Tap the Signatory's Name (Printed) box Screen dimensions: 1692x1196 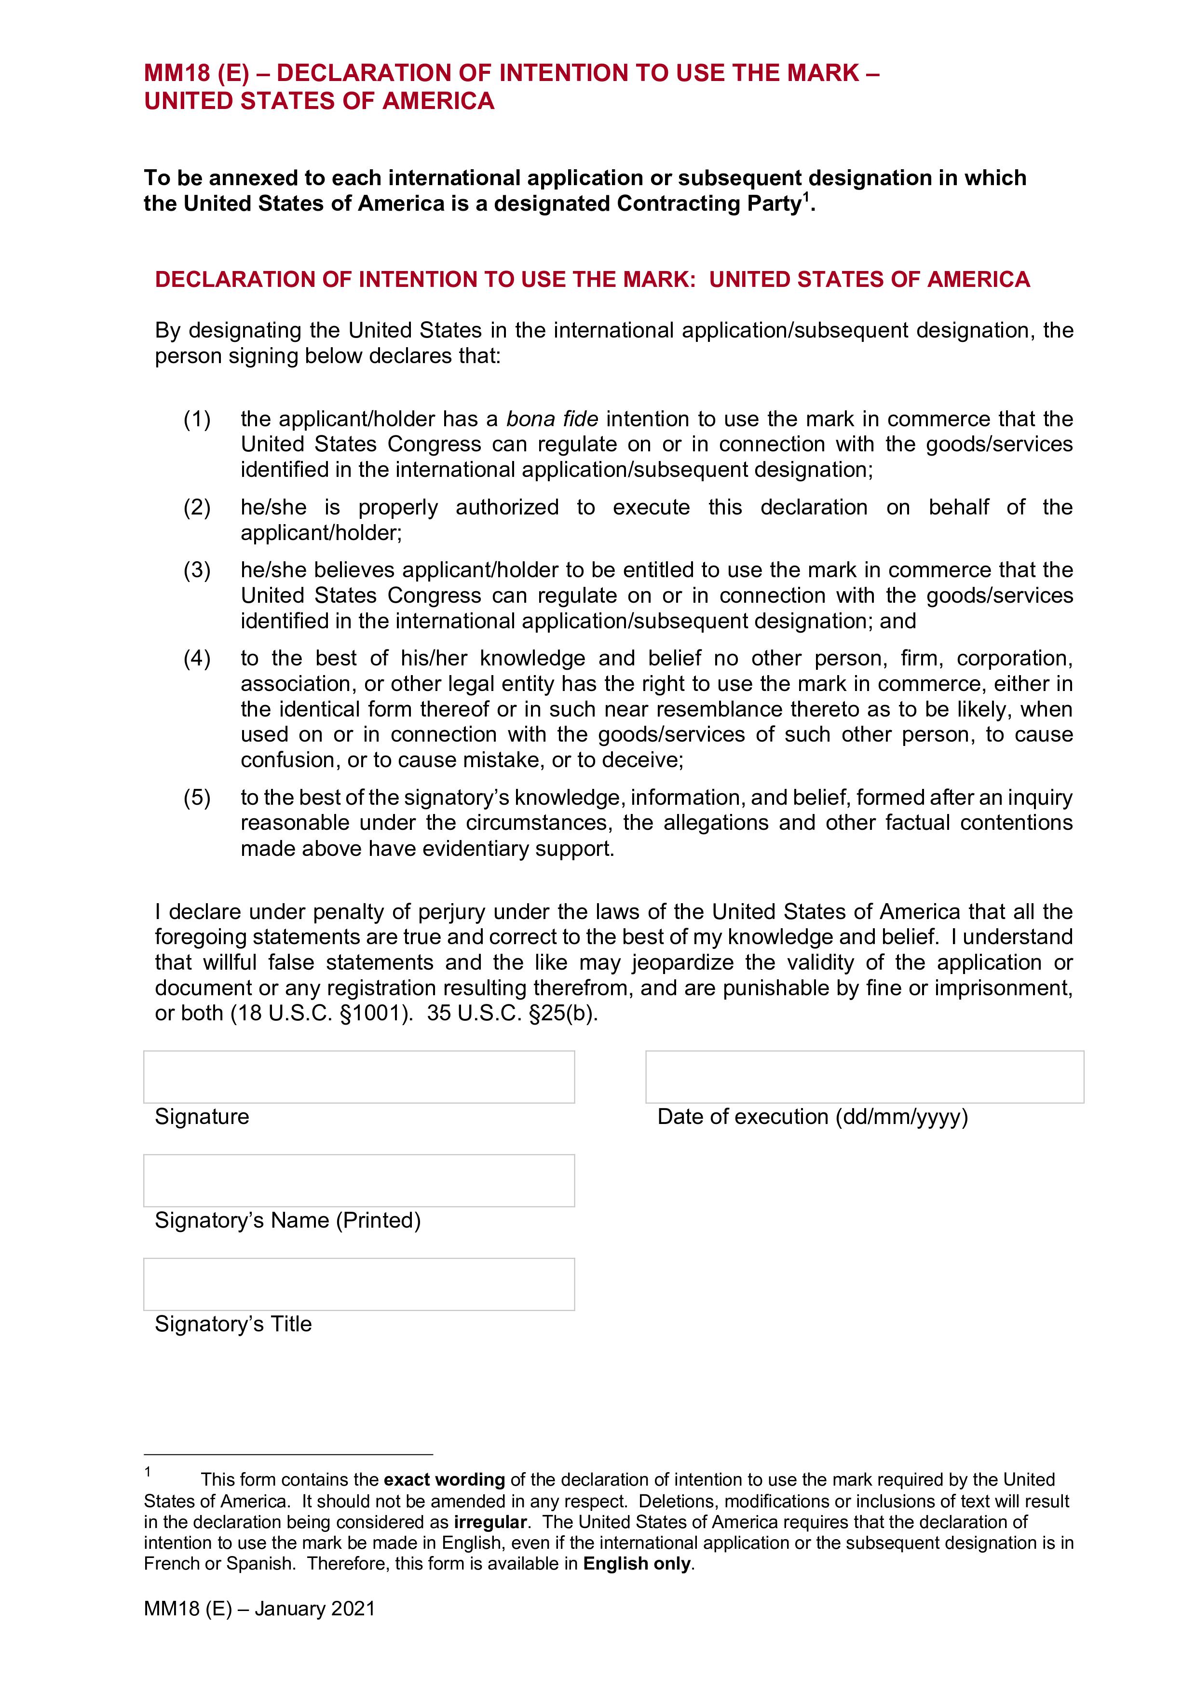pos(359,1180)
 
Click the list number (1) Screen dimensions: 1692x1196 pos(197,420)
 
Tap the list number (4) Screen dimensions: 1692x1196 pos(197,658)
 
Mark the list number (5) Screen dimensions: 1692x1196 pos(197,798)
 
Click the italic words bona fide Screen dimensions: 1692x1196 pos(552,420)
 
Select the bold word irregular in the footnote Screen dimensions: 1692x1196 pos(491,1522)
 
